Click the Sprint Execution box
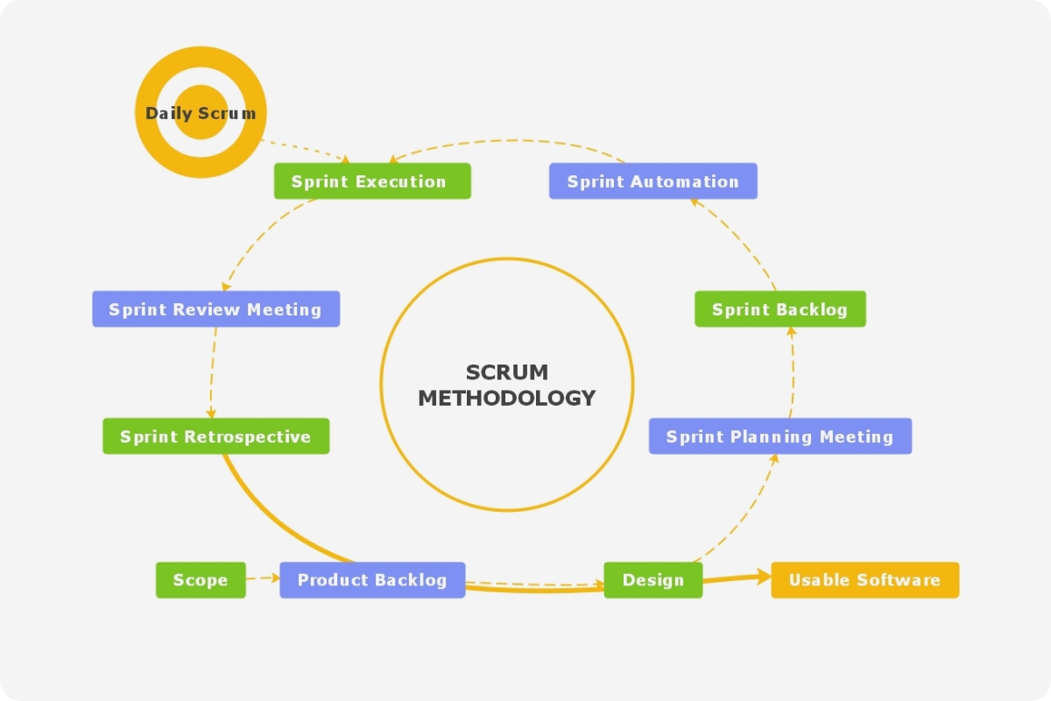pyautogui.click(x=372, y=181)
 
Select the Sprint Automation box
pyautogui.click(x=652, y=181)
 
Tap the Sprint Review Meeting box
pyautogui.click(x=215, y=309)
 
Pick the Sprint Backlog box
pyautogui.click(x=779, y=309)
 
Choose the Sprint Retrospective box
pyautogui.click(x=215, y=436)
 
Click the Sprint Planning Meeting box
pyautogui.click(x=779, y=436)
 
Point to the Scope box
pyautogui.click(x=201, y=580)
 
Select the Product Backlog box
pyautogui.click(x=372, y=580)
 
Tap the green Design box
pyautogui.click(x=652, y=580)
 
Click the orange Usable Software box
pyautogui.click(x=864, y=580)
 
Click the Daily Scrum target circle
pyautogui.click(x=201, y=112)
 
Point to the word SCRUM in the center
pyautogui.click(x=507, y=372)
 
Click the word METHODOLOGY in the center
pyautogui.click(x=507, y=398)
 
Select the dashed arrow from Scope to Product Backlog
pyautogui.click(x=263, y=578)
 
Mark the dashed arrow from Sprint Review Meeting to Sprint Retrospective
pyautogui.click(x=212, y=372)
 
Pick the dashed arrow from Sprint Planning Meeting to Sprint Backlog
pyautogui.click(x=793, y=372)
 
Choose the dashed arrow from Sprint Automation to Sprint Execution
pyautogui.click(x=508, y=141)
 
